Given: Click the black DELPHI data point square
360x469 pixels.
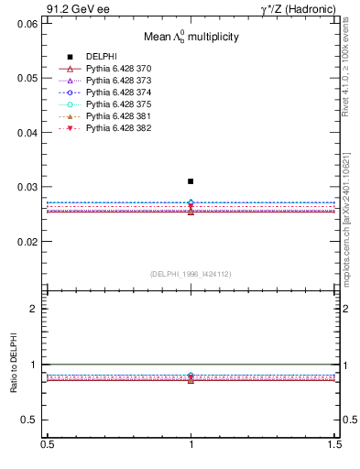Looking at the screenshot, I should click(x=191, y=181).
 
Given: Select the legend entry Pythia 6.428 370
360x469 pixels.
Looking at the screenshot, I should click(x=113, y=70).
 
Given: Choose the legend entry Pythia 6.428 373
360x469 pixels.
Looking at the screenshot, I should click(x=113, y=82).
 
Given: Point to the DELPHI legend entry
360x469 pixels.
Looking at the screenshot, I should click(x=100, y=58).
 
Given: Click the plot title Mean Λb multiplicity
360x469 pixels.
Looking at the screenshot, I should click(x=191, y=37).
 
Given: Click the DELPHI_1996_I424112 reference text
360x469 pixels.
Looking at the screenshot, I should click(x=191, y=274).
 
